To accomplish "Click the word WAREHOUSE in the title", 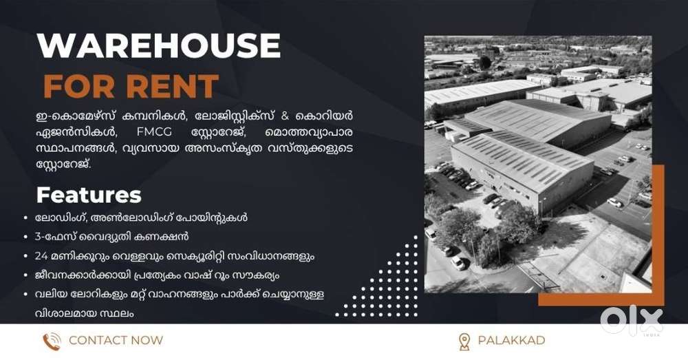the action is [x=158, y=45].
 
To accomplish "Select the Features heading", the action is [x=89, y=195].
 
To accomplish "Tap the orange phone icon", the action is [x=52, y=341].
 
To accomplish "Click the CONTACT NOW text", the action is [x=116, y=340].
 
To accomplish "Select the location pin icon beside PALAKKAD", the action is [x=464, y=341].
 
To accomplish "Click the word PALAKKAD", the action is [x=512, y=340].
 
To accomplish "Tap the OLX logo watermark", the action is [x=632, y=321].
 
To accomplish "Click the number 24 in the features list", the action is [x=41, y=256].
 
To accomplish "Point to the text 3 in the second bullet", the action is [x=38, y=237].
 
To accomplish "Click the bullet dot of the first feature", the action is [x=26, y=218].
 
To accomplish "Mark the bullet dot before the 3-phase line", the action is [x=26, y=237].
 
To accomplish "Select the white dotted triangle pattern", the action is [x=386, y=286].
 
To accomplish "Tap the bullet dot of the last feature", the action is [x=26, y=294].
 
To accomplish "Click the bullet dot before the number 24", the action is [x=26, y=256].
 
